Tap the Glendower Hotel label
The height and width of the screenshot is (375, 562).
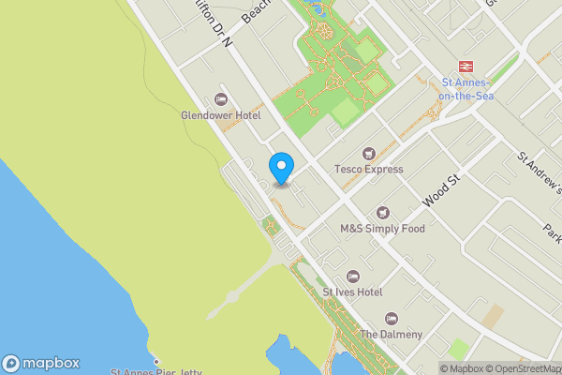221,115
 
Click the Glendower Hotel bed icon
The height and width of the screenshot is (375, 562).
221,99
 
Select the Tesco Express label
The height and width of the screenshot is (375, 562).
369,170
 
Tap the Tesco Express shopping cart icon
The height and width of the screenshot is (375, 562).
369,153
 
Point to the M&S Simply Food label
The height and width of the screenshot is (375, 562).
382,229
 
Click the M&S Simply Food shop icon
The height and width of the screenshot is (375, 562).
382,213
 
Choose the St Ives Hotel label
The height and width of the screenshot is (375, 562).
353,292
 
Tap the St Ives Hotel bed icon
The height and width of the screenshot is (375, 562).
353,277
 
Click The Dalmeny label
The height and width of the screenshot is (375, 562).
392,335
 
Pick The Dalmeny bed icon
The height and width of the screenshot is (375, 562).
392,319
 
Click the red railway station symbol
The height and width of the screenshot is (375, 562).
465,67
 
